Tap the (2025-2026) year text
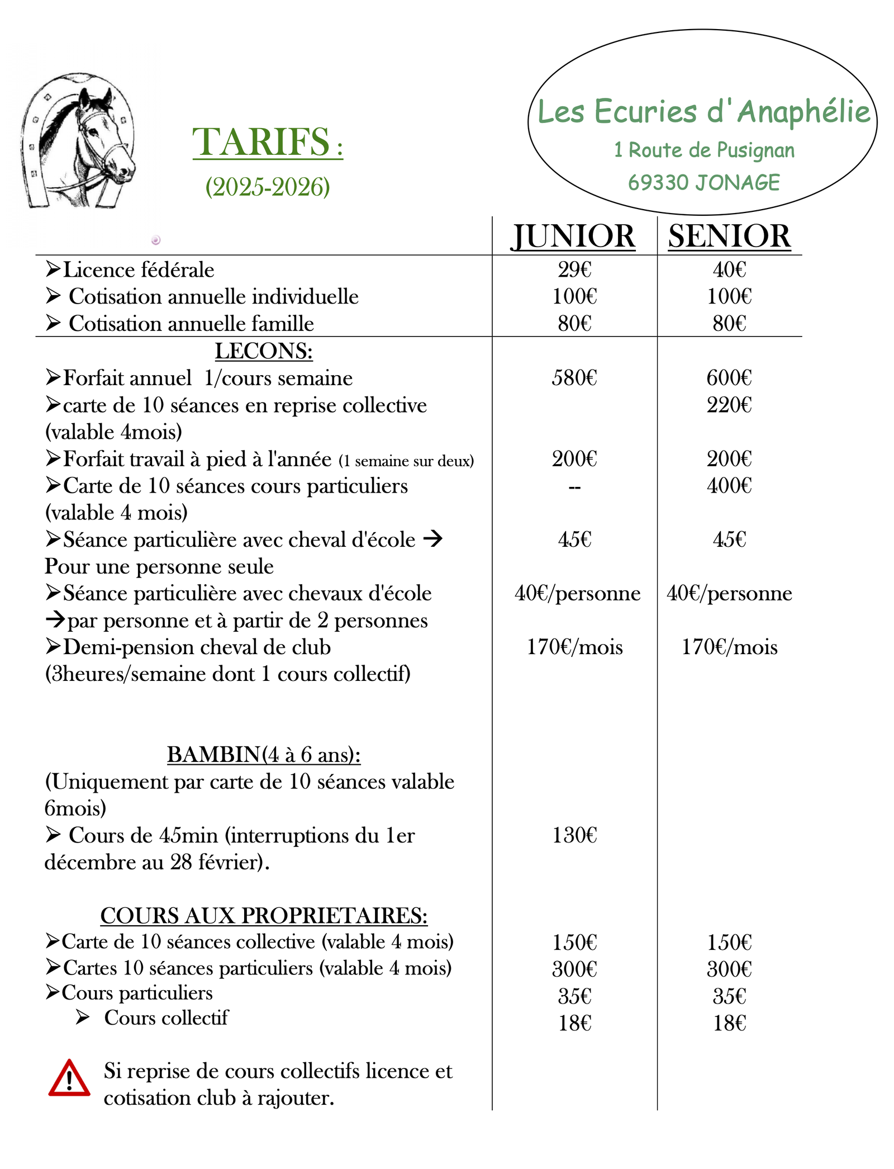click(268, 187)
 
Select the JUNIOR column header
click(573, 236)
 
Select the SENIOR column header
click(729, 236)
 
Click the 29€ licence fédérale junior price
click(574, 270)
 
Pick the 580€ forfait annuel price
click(574, 378)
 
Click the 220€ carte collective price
click(729, 405)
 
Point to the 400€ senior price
click(729, 486)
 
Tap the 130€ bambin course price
click(574, 835)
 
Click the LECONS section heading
click(264, 352)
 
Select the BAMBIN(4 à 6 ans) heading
click(264, 755)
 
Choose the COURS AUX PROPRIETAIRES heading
click(264, 916)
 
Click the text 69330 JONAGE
click(703, 183)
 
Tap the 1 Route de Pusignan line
click(704, 150)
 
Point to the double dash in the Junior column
click(574, 488)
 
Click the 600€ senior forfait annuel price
click(729, 378)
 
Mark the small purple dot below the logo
click(156, 240)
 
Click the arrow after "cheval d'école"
click(433, 539)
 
